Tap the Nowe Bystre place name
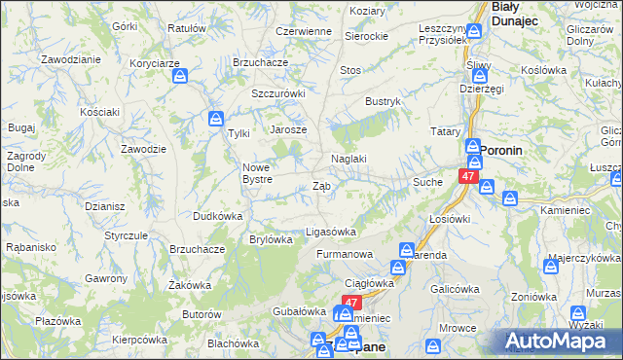263,172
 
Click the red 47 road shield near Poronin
468,178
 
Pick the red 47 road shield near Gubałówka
352,303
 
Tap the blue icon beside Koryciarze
181,81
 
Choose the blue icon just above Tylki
216,120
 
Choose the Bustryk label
383,101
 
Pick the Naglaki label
348,159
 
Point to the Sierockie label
366,35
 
